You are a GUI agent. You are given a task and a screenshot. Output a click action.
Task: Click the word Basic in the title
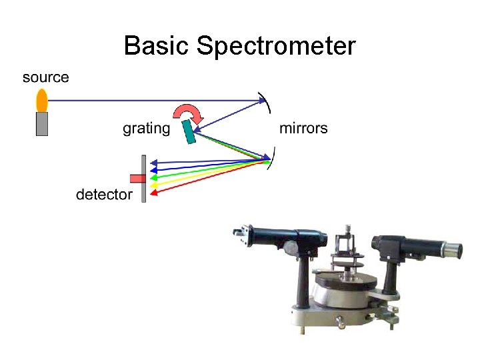[157, 47]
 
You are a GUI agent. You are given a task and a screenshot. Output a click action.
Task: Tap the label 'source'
[46, 77]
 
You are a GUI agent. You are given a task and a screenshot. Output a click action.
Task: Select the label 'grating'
[146, 128]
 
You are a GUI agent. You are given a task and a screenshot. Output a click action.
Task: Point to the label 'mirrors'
[303, 128]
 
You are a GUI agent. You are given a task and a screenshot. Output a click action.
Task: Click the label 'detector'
[104, 195]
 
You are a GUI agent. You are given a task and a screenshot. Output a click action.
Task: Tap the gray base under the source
[42, 124]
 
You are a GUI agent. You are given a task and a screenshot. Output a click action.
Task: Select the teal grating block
[190, 131]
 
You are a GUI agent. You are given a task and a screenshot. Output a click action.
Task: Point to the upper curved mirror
[267, 102]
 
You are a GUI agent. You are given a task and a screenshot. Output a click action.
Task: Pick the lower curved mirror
[270, 159]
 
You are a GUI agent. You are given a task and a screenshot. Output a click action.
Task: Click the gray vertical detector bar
[143, 179]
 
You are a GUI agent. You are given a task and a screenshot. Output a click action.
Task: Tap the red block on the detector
[137, 178]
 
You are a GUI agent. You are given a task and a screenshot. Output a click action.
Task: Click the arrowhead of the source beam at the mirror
[263, 101]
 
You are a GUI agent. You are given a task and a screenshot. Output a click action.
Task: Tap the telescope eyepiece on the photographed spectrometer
[453, 251]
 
